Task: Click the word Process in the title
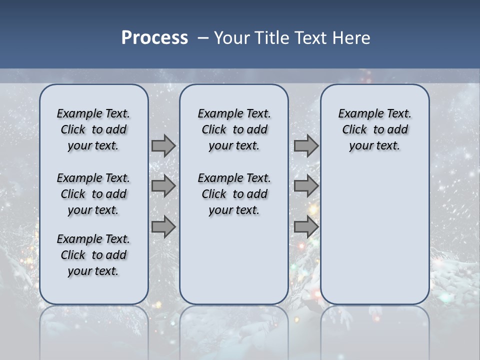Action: tap(154, 37)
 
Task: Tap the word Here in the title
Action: tap(352, 38)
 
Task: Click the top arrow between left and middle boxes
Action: tap(163, 145)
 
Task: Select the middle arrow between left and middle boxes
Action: tap(163, 186)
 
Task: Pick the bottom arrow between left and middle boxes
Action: tap(163, 226)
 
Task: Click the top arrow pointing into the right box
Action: tap(306, 145)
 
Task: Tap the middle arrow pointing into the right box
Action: tap(306, 186)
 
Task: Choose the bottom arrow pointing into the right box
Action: tap(306, 226)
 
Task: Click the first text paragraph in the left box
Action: tap(93, 129)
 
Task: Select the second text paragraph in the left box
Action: tap(93, 194)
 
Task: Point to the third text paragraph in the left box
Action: tap(93, 255)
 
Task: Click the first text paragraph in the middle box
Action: tap(234, 129)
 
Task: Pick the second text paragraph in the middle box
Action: tap(234, 194)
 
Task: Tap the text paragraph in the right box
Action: tap(374, 129)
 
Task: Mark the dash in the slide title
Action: tap(203, 38)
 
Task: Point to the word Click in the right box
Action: tap(354, 129)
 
